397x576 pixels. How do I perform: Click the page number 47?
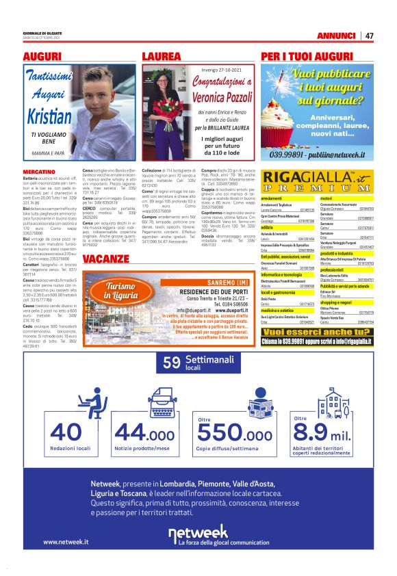tap(369, 36)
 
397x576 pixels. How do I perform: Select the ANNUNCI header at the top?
tap(337, 36)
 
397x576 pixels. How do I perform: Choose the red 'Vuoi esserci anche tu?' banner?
tap(317, 332)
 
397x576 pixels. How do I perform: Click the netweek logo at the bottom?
tap(198, 534)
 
